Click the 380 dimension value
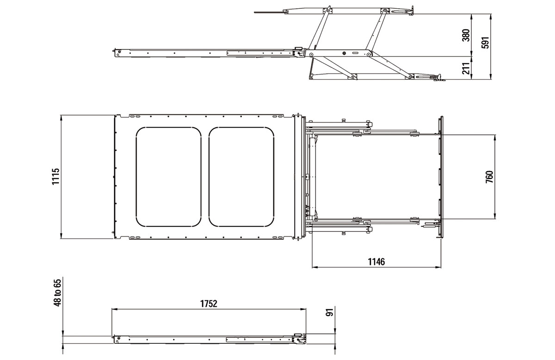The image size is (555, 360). [x=466, y=35]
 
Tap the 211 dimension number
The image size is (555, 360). [x=466, y=68]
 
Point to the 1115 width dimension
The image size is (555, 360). [x=56, y=176]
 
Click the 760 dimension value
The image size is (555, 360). [x=490, y=177]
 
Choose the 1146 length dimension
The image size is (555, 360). [x=376, y=261]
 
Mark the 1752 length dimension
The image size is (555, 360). [x=209, y=304]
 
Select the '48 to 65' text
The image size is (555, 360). [x=57, y=292]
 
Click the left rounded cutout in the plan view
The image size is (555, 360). [x=136, y=177]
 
